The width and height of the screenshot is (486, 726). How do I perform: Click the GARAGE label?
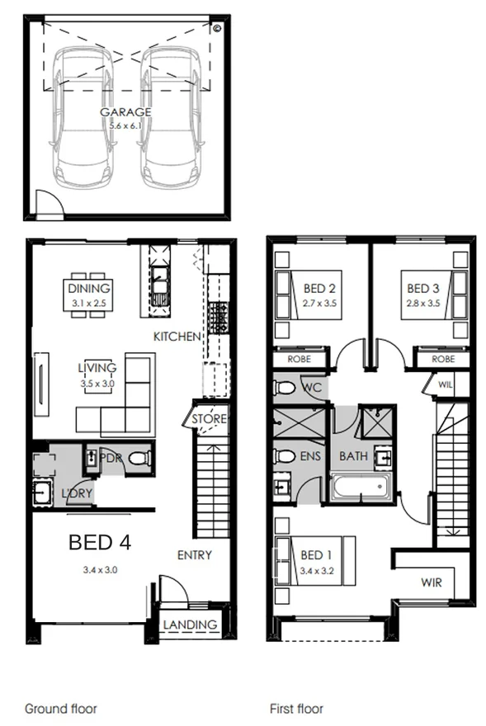click(x=126, y=111)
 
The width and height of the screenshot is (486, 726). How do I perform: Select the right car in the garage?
click(x=172, y=115)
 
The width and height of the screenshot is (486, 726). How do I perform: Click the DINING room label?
click(x=88, y=289)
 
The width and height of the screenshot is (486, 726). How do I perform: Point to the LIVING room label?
click(x=97, y=367)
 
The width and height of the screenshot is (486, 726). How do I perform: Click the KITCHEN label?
click(x=177, y=337)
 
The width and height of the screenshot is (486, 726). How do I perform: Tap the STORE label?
click(x=209, y=419)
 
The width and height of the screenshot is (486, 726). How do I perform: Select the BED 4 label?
click(x=100, y=542)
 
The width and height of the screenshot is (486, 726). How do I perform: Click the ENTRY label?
click(x=195, y=555)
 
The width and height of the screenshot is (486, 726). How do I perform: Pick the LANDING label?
click(x=191, y=625)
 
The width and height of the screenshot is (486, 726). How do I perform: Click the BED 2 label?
click(x=318, y=289)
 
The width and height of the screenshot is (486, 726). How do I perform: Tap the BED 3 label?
click(x=423, y=289)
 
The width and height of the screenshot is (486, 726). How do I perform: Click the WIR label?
click(x=431, y=582)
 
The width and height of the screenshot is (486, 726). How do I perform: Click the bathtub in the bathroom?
click(x=361, y=487)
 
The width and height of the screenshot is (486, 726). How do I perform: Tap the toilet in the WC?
click(x=286, y=386)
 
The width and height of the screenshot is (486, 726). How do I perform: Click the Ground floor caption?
click(x=60, y=708)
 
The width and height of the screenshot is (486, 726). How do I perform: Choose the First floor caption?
click(x=296, y=708)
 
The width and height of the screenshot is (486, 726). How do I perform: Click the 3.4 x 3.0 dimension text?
click(x=100, y=569)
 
